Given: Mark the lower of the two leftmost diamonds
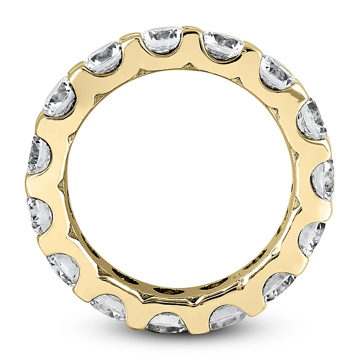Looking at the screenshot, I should pyautogui.click(x=39, y=211).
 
